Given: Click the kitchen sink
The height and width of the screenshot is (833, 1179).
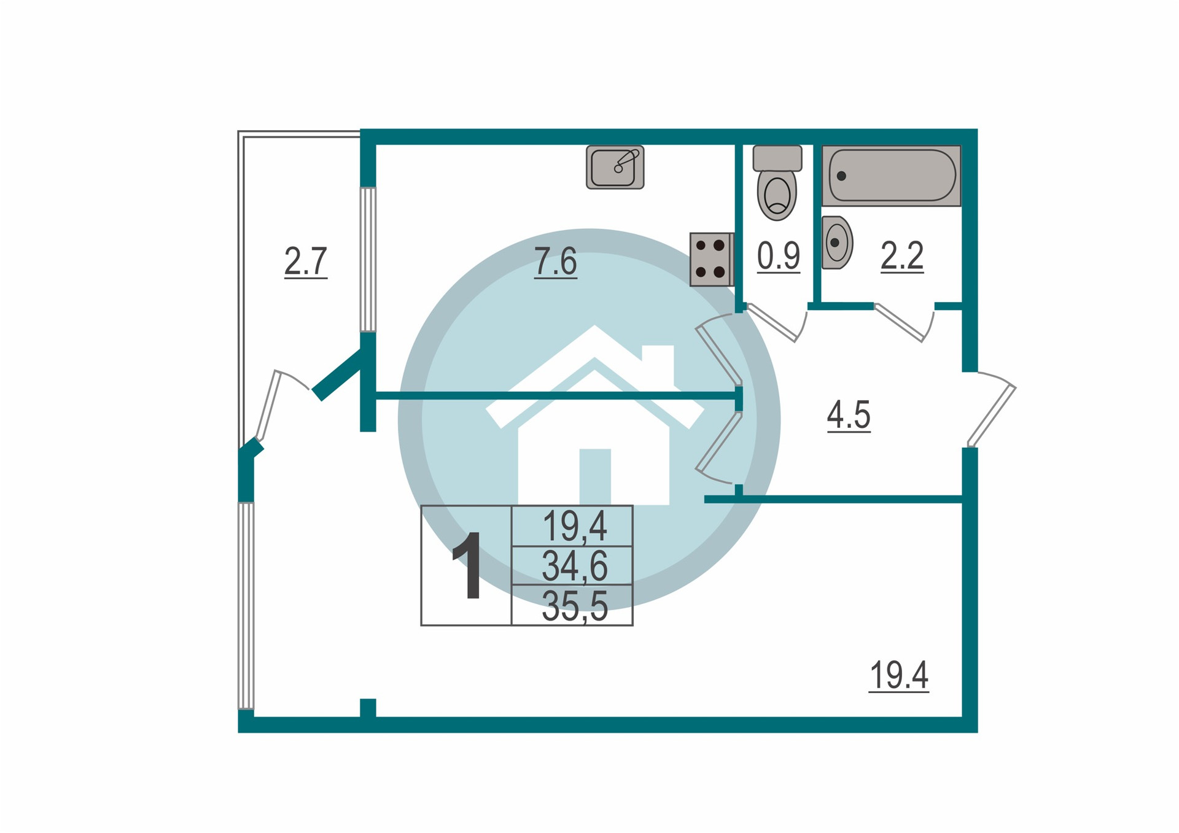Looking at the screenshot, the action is pyautogui.click(x=615, y=167).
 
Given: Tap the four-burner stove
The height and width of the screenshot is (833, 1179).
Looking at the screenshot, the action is pyautogui.click(x=711, y=259).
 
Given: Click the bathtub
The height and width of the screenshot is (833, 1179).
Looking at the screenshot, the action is pyautogui.click(x=891, y=176).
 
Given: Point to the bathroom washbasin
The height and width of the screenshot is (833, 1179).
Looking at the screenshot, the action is pyautogui.click(x=836, y=242).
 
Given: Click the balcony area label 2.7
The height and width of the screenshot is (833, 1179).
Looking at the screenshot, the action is pyautogui.click(x=305, y=262).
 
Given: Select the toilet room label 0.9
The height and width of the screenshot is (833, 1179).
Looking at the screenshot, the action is pyautogui.click(x=778, y=256).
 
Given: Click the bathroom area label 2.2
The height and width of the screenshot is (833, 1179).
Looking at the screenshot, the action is pyautogui.click(x=902, y=256).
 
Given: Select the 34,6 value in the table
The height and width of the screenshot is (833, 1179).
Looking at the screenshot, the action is pyautogui.click(x=574, y=566).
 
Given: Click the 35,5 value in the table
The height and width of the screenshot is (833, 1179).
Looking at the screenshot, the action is pyautogui.click(x=574, y=606).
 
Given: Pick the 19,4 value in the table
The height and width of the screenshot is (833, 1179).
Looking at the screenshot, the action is pyautogui.click(x=574, y=526).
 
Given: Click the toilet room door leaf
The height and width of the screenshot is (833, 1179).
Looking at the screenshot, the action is pyautogui.click(x=772, y=322).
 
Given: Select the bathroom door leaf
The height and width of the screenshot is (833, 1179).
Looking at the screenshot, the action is pyautogui.click(x=899, y=322).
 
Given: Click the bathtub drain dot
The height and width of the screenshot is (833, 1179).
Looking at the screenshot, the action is pyautogui.click(x=842, y=176).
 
